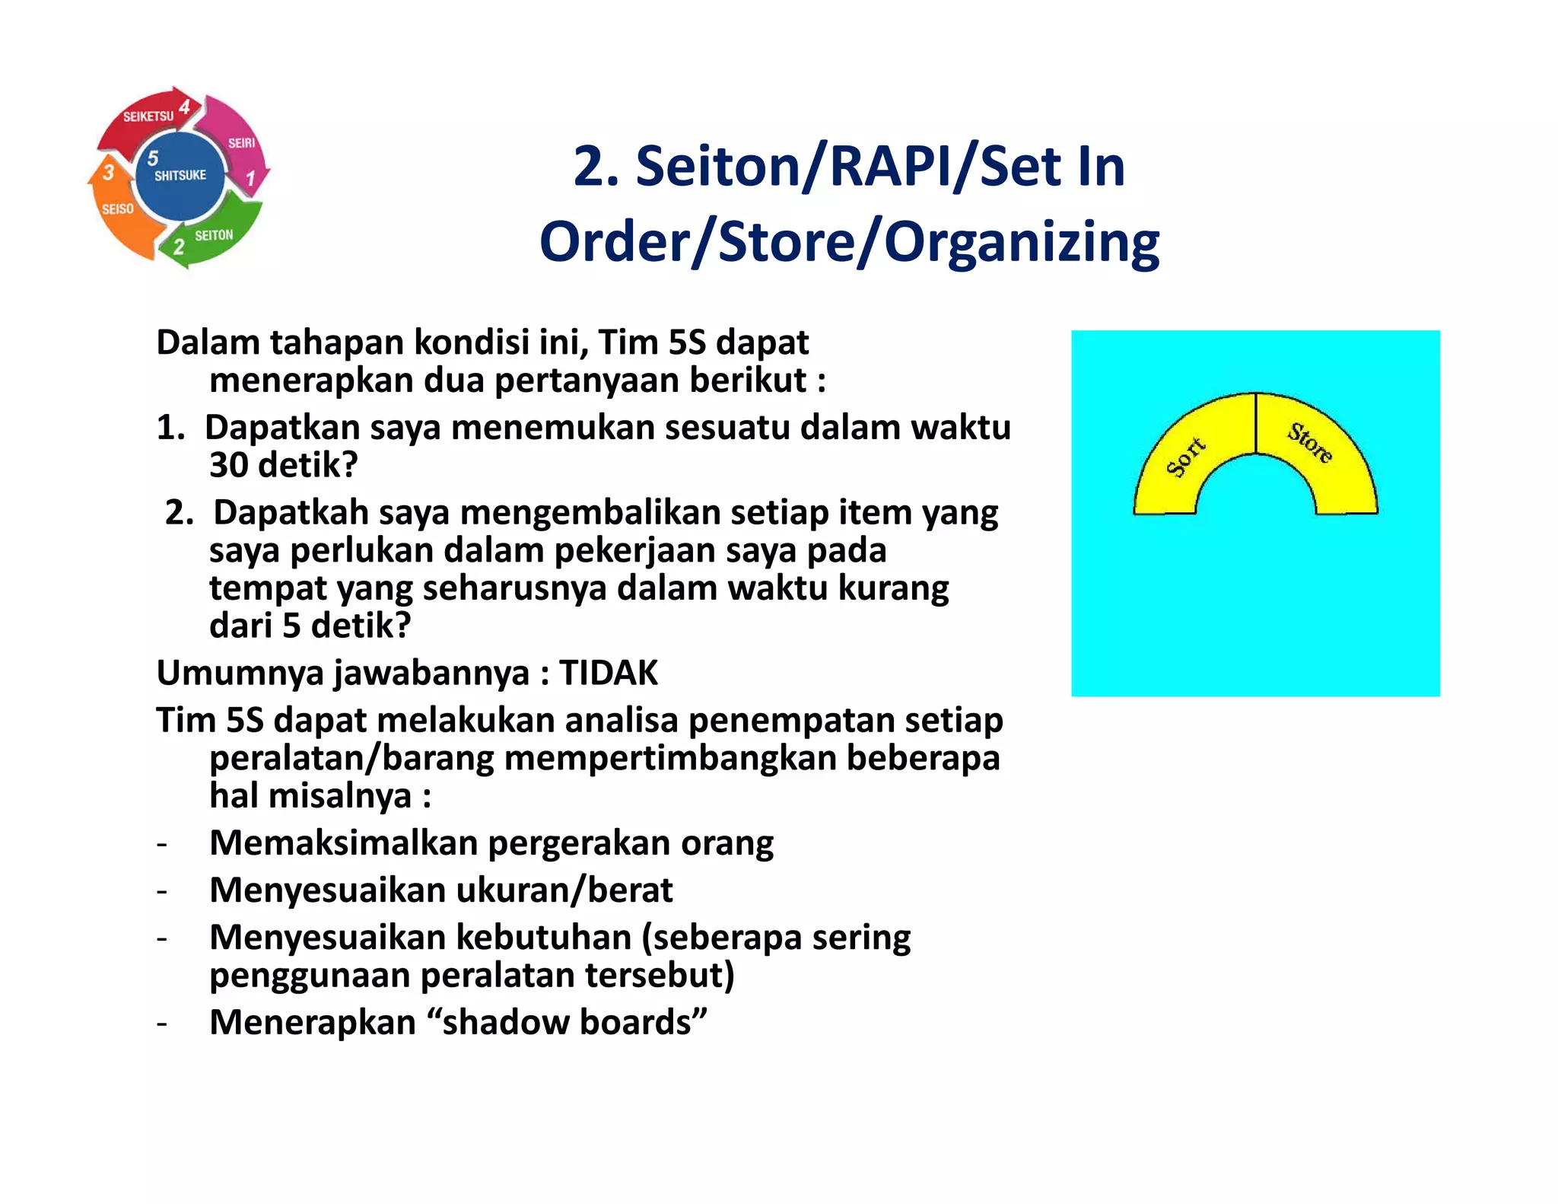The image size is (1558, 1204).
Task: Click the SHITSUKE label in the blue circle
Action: (180, 175)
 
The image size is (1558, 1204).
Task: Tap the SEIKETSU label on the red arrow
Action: (148, 116)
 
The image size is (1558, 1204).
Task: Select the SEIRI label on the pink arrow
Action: (241, 143)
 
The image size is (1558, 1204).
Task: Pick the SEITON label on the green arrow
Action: (214, 235)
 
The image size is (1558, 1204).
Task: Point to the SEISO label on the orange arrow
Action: (118, 209)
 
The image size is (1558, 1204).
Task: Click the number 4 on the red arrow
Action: (185, 107)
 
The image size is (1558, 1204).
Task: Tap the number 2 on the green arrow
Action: (179, 247)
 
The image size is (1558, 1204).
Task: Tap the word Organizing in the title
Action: (1022, 242)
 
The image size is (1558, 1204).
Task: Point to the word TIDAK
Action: (609, 673)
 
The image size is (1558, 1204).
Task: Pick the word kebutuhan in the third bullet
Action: (543, 937)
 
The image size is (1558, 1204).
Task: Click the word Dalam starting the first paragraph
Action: (208, 342)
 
